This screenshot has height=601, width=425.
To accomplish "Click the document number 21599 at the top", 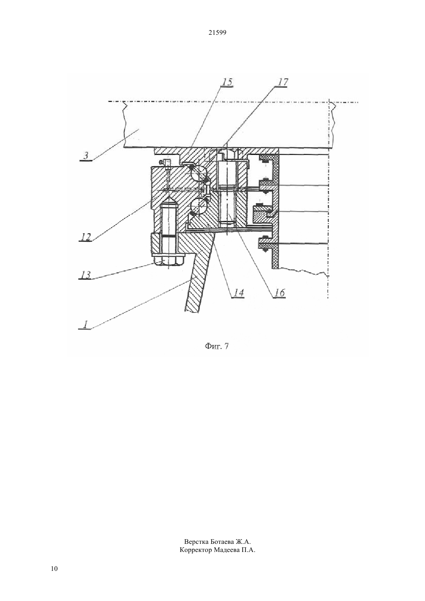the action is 217,33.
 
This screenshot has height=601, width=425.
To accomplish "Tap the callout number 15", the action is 227,82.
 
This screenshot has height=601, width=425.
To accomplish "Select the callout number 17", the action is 282,82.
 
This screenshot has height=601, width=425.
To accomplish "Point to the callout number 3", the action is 86,156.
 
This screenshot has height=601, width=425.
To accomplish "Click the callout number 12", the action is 86,237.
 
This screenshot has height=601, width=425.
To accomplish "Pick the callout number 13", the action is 86,275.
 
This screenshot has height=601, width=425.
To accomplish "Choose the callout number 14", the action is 238,293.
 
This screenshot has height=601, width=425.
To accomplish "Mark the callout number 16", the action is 279,293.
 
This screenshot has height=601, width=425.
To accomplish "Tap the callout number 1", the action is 85,325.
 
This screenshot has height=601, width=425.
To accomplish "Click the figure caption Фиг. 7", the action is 217,346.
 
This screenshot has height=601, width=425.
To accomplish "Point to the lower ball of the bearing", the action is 198,206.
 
